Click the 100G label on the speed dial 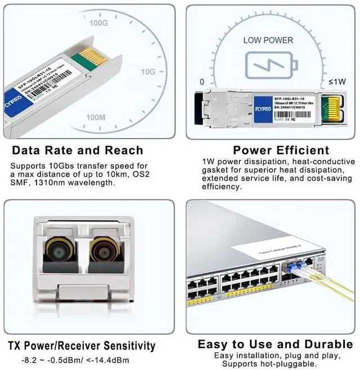(x=98, y=23)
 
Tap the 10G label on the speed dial (x=148, y=72)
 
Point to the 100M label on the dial (x=96, y=117)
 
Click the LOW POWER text (x=268, y=40)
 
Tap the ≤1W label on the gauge (x=337, y=82)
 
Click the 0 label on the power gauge (x=202, y=82)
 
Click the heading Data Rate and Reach (x=78, y=150)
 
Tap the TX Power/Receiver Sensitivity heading (x=82, y=346)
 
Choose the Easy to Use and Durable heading (x=276, y=344)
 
